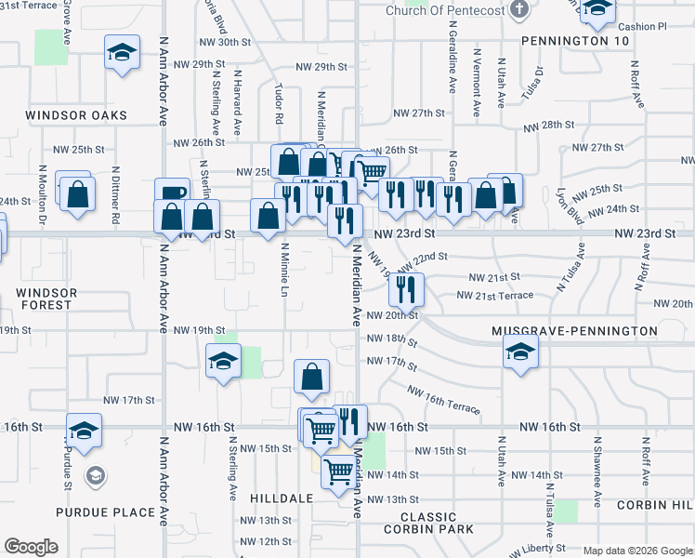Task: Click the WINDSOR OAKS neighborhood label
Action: pos(76,115)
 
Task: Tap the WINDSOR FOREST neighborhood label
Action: pos(44,299)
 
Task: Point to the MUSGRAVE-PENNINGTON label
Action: pos(575,331)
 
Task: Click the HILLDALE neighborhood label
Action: pos(282,498)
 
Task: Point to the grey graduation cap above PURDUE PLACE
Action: pos(93,476)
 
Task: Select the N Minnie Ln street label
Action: pos(284,271)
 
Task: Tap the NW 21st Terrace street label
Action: pos(495,296)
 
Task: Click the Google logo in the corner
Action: pos(31,547)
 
